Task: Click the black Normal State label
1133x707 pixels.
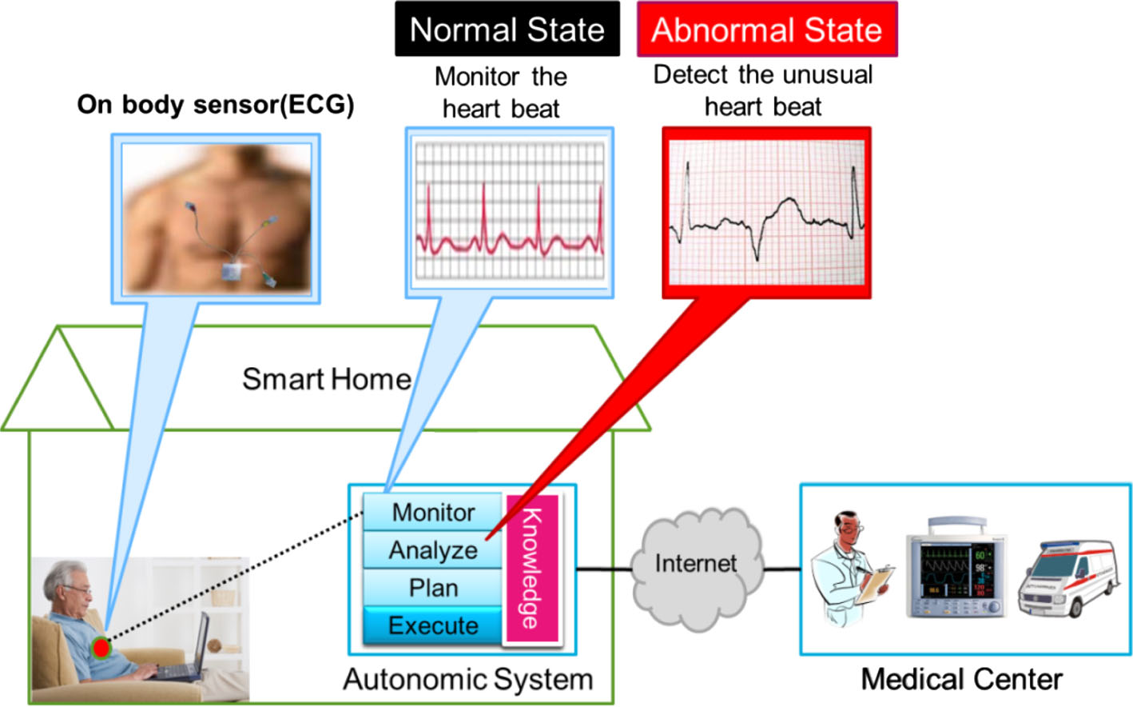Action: click(x=507, y=30)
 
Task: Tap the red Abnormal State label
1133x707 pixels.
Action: click(x=766, y=30)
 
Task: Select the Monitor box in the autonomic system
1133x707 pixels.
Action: click(x=433, y=512)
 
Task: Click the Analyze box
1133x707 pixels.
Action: click(x=433, y=550)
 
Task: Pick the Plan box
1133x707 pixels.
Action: click(x=433, y=588)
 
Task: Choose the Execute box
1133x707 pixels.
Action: click(x=433, y=625)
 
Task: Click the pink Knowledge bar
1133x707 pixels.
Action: click(x=531, y=569)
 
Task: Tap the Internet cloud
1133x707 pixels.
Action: click(x=695, y=565)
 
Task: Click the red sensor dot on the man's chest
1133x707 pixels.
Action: click(x=101, y=647)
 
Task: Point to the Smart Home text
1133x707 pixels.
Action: click(x=326, y=379)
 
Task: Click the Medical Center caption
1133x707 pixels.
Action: click(x=961, y=679)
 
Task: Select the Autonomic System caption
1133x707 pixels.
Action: click(x=468, y=679)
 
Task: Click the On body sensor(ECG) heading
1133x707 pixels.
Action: click(x=215, y=105)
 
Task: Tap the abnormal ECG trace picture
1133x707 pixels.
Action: click(x=766, y=213)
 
